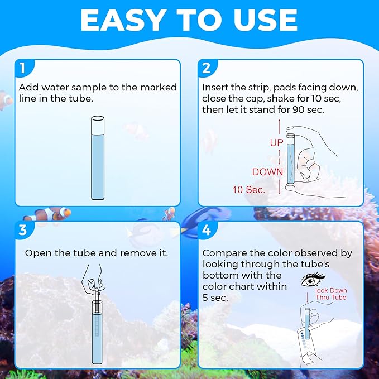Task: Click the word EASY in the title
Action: tap(122, 20)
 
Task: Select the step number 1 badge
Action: tap(24, 68)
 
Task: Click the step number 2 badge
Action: tap(207, 68)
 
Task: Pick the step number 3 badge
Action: tap(23, 230)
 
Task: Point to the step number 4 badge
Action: tap(207, 230)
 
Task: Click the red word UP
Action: tap(276, 143)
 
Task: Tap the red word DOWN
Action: tap(267, 172)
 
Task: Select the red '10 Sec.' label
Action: tap(249, 190)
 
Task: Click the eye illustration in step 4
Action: tap(313, 280)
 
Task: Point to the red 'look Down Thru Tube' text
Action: tap(331, 294)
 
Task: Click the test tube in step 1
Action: tap(98, 158)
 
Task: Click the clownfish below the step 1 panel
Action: tap(49, 214)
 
